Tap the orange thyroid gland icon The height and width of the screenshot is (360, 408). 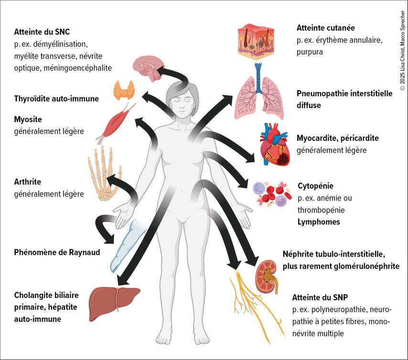[x=124, y=90]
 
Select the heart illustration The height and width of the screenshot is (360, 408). [x=274, y=143]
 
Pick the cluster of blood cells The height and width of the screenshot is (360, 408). [x=272, y=193]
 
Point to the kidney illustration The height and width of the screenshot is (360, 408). [x=268, y=276]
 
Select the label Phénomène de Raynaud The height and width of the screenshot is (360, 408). [x=57, y=252]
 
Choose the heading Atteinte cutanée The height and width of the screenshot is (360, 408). [x=325, y=28]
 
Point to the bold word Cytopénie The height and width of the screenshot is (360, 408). [x=315, y=186]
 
